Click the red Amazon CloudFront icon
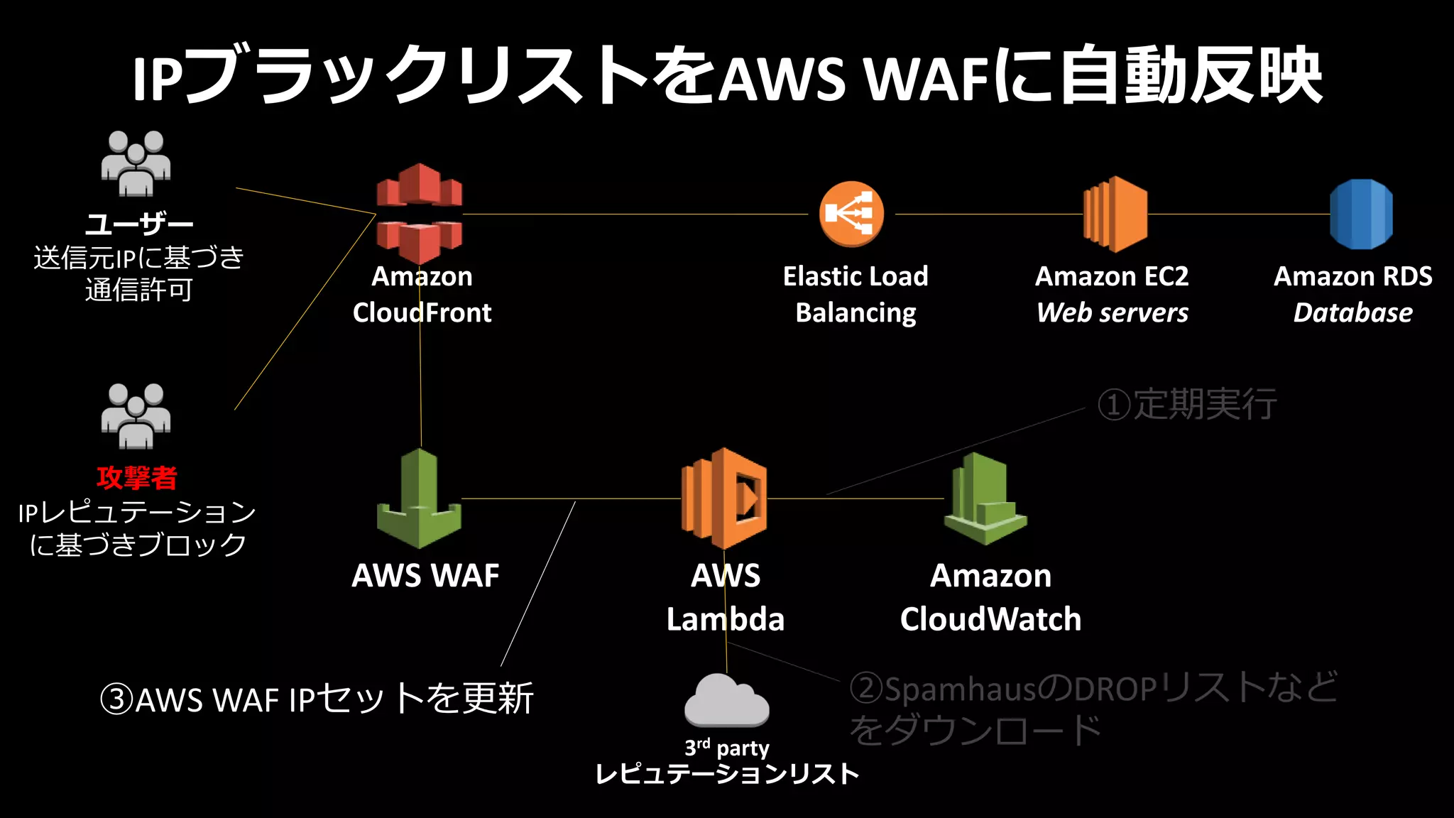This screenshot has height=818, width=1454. point(419,213)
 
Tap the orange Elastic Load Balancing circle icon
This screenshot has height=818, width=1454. point(851,214)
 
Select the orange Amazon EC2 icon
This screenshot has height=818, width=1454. point(1115,214)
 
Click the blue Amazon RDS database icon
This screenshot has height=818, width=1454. point(1361,214)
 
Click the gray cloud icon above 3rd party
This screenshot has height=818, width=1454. point(726,701)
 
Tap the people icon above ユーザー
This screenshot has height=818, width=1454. point(136,163)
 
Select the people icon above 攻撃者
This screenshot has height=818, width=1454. point(136,417)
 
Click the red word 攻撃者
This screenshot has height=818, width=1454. point(137,478)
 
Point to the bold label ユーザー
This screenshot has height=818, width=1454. point(139,225)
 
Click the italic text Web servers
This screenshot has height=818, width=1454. point(1113,313)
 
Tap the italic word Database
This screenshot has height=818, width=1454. point(1353,313)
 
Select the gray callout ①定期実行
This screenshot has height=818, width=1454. point(1187,405)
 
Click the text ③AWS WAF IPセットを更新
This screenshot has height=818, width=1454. point(317,699)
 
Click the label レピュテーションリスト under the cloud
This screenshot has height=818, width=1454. point(727,774)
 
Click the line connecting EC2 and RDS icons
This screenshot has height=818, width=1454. point(1239,214)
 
